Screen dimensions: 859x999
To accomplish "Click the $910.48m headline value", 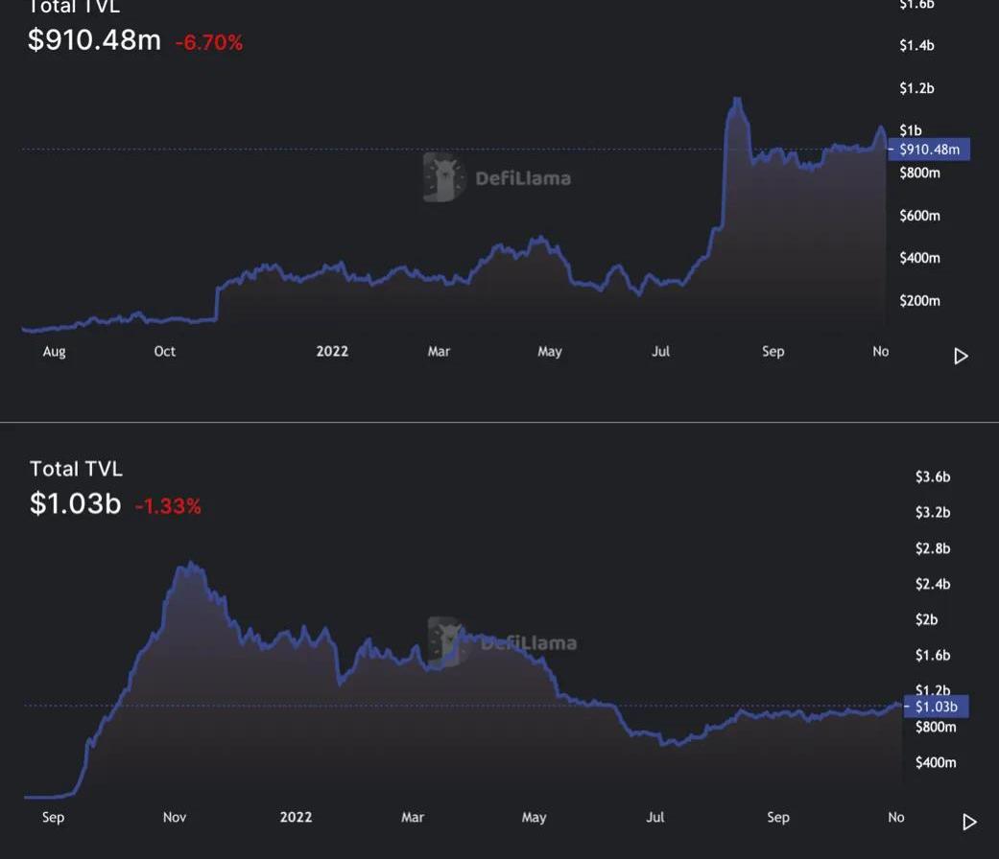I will (x=94, y=40).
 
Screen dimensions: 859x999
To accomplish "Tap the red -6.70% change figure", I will (x=208, y=42).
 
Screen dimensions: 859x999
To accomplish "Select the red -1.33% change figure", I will (x=168, y=506).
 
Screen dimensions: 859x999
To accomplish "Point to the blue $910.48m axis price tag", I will (x=930, y=150).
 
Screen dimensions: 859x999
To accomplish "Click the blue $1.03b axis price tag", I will (x=936, y=707).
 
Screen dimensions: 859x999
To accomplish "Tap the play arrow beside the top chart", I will (x=961, y=357).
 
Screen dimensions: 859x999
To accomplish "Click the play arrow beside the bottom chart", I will (x=969, y=823).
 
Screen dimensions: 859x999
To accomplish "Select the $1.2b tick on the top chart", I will (x=916, y=88).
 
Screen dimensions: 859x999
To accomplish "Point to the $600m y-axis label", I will (x=919, y=216).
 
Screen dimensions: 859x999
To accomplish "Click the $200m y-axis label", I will (x=919, y=301).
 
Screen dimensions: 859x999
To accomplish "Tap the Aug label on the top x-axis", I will (x=55, y=352).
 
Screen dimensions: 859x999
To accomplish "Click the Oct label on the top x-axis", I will (x=165, y=352).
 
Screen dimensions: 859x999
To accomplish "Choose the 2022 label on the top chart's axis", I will (x=332, y=352).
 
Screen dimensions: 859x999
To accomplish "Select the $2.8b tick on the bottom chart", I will (x=932, y=548).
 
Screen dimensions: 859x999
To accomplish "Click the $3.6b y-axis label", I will (x=932, y=476).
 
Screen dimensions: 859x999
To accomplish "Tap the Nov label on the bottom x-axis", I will (x=175, y=818).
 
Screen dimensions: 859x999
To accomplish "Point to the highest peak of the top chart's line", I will (x=736, y=99).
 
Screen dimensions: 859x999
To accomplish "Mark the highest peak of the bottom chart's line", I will (x=192, y=564).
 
